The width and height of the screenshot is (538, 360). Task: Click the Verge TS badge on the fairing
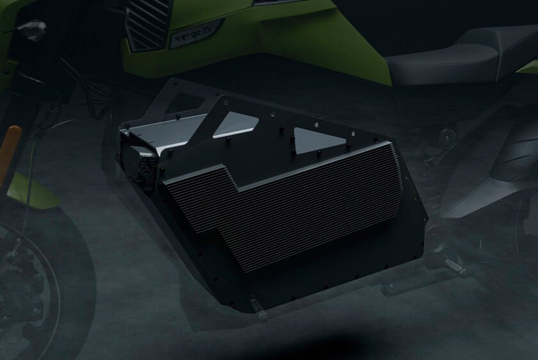196,36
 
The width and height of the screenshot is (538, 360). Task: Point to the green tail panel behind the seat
529,66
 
